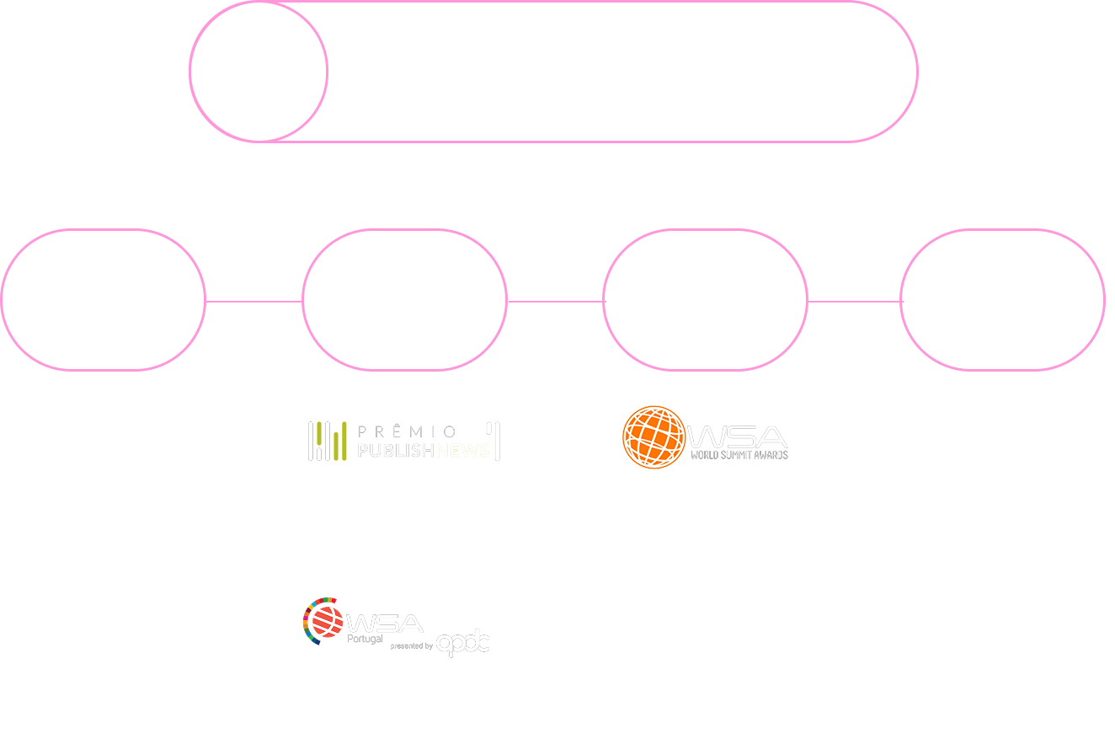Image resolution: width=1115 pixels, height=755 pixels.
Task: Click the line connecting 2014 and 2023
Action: pyautogui.click(x=253, y=301)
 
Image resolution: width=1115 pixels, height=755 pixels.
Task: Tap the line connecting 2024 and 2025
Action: pyautogui.click(x=855, y=301)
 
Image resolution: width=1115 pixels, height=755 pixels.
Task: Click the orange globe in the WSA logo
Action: pyautogui.click(x=654, y=437)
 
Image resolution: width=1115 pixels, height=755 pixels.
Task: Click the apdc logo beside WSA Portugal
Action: pyautogui.click(x=463, y=642)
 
